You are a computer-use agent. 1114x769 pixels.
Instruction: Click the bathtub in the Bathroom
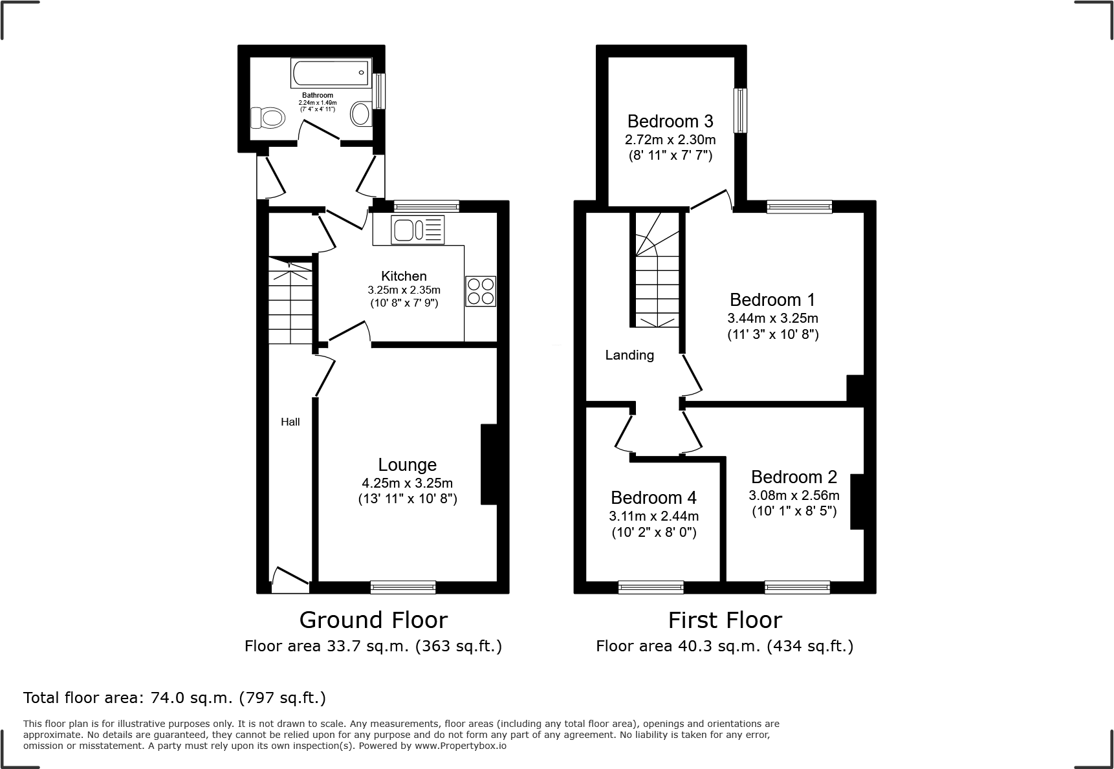[331, 72]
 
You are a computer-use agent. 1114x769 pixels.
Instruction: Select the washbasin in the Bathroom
[360, 114]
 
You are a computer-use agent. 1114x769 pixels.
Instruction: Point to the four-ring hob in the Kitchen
[481, 291]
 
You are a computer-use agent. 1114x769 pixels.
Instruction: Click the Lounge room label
[408, 465]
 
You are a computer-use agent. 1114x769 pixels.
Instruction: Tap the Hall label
[290, 422]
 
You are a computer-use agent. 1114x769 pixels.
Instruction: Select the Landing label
[629, 355]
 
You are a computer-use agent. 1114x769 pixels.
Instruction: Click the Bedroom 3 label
[670, 121]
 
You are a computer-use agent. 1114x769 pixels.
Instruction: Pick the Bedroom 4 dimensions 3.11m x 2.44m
[654, 516]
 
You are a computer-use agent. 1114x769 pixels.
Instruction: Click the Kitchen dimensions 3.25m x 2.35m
[404, 290]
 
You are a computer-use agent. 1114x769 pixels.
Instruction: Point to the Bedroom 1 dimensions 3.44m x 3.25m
[773, 318]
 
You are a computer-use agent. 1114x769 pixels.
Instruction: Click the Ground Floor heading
[373, 620]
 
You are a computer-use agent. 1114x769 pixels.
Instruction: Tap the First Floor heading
[725, 620]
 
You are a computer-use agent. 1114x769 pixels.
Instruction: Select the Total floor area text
[175, 698]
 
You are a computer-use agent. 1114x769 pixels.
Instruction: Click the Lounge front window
[403, 587]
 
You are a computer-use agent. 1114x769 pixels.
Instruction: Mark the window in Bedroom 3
[740, 110]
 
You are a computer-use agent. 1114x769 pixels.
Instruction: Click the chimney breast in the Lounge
[489, 464]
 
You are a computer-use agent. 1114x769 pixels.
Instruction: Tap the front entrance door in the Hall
[290, 580]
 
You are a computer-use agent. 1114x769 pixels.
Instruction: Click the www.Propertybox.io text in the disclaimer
[460, 746]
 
